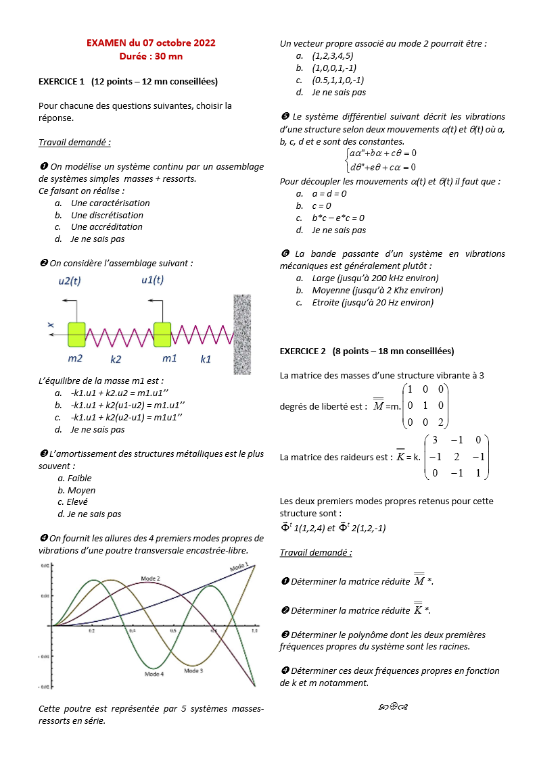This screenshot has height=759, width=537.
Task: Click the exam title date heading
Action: coord(151,43)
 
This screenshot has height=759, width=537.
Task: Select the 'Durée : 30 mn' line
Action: coord(151,55)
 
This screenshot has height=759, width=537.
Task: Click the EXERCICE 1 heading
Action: coord(128,82)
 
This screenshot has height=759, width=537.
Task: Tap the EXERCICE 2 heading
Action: coord(367,351)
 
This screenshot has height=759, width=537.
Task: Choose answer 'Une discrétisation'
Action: coord(107,215)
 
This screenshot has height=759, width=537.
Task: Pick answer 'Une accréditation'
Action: coord(107,227)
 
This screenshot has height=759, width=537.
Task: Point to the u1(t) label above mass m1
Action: coord(152,280)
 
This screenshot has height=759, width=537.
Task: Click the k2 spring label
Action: coord(116,360)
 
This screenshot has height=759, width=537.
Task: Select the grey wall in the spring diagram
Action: coord(242,334)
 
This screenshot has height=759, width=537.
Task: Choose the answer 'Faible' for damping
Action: coord(79,479)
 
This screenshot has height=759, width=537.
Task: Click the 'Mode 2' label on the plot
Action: coord(150,579)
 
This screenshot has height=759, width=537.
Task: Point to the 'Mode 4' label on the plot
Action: coord(154,674)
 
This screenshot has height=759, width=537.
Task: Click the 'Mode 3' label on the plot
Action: coord(193,670)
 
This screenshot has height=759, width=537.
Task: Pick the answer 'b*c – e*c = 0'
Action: coord(338,218)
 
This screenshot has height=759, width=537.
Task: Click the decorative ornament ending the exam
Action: coord(392,707)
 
